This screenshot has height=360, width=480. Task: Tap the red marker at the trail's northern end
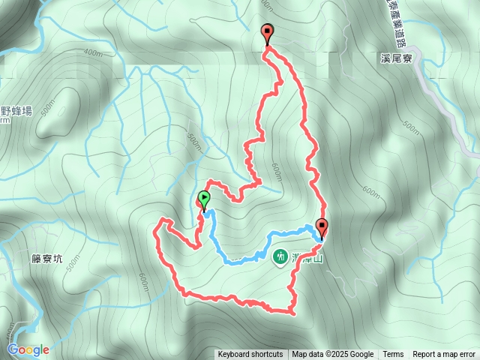tap(268, 32)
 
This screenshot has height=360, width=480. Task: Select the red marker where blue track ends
tap(322, 226)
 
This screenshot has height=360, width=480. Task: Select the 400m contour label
tap(92, 52)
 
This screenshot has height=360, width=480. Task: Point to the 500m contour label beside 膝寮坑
tap(72, 265)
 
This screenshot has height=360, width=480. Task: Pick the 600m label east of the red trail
tap(370, 192)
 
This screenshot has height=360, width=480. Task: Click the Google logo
tap(28, 349)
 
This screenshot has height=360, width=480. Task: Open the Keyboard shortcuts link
tap(250, 355)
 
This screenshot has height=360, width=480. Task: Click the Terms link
tap(393, 355)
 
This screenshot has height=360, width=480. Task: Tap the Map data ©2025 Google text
tap(333, 355)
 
